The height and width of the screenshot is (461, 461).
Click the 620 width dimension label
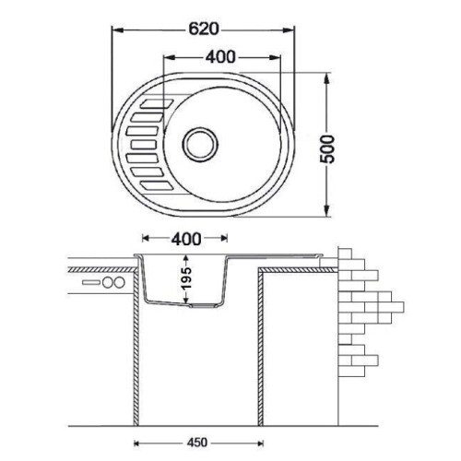pyautogui.click(x=203, y=30)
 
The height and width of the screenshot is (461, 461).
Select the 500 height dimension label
pyautogui.click(x=326, y=149)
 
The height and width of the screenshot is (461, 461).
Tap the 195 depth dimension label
pyautogui.click(x=186, y=278)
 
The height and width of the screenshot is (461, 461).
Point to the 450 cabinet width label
pyautogui.click(x=197, y=443)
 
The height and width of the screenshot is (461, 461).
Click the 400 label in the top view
pyautogui.click(x=220, y=57)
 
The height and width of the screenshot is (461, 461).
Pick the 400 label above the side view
pyautogui.click(x=186, y=239)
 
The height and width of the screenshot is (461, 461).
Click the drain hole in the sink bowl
pyautogui.click(x=200, y=145)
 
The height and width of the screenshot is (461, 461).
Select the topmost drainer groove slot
pyautogui.click(x=157, y=103)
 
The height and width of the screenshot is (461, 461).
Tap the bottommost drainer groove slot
pyautogui.click(x=157, y=185)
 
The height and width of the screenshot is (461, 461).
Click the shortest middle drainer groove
pyautogui.click(x=144, y=145)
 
